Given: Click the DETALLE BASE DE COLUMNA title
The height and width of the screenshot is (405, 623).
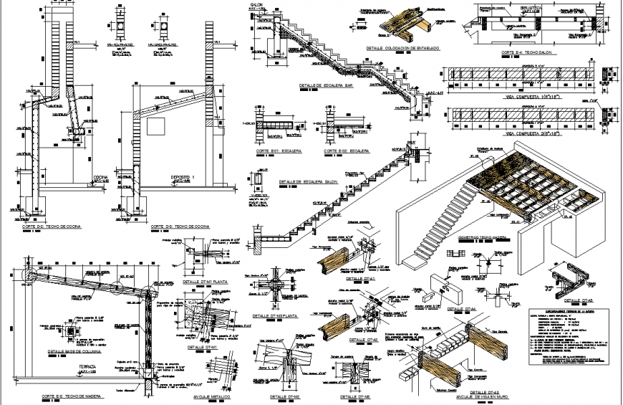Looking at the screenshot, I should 73,352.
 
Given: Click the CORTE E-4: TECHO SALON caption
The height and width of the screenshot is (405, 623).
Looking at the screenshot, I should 526,53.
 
